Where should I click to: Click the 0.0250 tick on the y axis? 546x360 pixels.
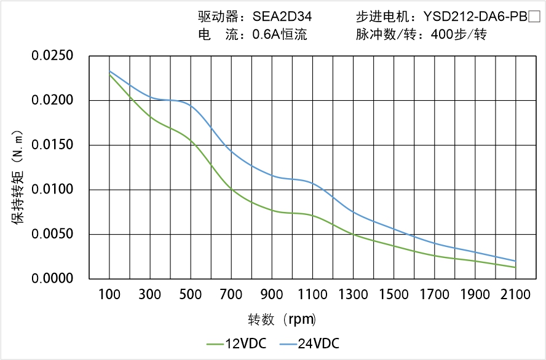[52, 57]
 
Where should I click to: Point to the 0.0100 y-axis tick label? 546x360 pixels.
[52, 190]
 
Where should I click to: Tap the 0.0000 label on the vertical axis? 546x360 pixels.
[52, 279]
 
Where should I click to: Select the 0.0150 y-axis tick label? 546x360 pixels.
[52, 146]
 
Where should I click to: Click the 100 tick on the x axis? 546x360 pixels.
[109, 295]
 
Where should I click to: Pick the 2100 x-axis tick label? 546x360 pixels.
[515, 295]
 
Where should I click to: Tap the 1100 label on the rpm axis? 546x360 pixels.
[312, 295]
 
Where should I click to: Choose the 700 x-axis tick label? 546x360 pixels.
[231, 295]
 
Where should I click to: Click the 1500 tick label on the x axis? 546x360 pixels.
[394, 295]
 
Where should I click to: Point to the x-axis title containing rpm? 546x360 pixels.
[282, 319]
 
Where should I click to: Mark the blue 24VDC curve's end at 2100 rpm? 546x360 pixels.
[515, 261]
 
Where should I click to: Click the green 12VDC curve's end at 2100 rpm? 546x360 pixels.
[515, 267]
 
